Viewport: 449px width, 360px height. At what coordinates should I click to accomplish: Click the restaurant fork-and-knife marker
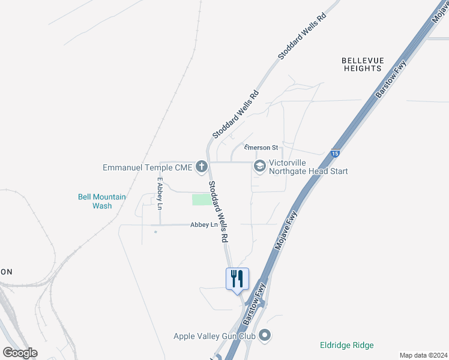[x=237, y=278]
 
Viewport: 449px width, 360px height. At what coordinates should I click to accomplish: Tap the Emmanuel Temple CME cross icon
[x=202, y=166]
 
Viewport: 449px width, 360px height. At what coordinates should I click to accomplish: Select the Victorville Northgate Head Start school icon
[x=260, y=166]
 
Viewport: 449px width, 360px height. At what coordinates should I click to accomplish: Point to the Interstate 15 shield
[x=335, y=154]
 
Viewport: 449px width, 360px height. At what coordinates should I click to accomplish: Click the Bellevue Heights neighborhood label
[x=361, y=64]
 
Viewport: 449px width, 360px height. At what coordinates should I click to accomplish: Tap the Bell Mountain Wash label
[x=102, y=201]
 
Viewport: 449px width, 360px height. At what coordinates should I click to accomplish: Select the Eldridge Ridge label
[x=346, y=345]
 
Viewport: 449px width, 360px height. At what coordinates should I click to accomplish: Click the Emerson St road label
[x=261, y=148]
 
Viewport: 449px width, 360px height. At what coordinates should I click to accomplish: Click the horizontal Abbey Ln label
[x=203, y=225]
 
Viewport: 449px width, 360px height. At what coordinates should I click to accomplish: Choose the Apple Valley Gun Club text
[x=215, y=336]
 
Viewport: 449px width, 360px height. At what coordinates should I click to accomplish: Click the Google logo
[x=20, y=353]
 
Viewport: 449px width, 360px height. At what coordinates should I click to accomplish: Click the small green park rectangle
[x=201, y=199]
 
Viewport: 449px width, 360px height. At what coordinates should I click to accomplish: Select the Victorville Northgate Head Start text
[x=308, y=167]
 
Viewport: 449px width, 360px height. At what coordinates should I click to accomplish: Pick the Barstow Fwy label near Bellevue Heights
[x=391, y=79]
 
